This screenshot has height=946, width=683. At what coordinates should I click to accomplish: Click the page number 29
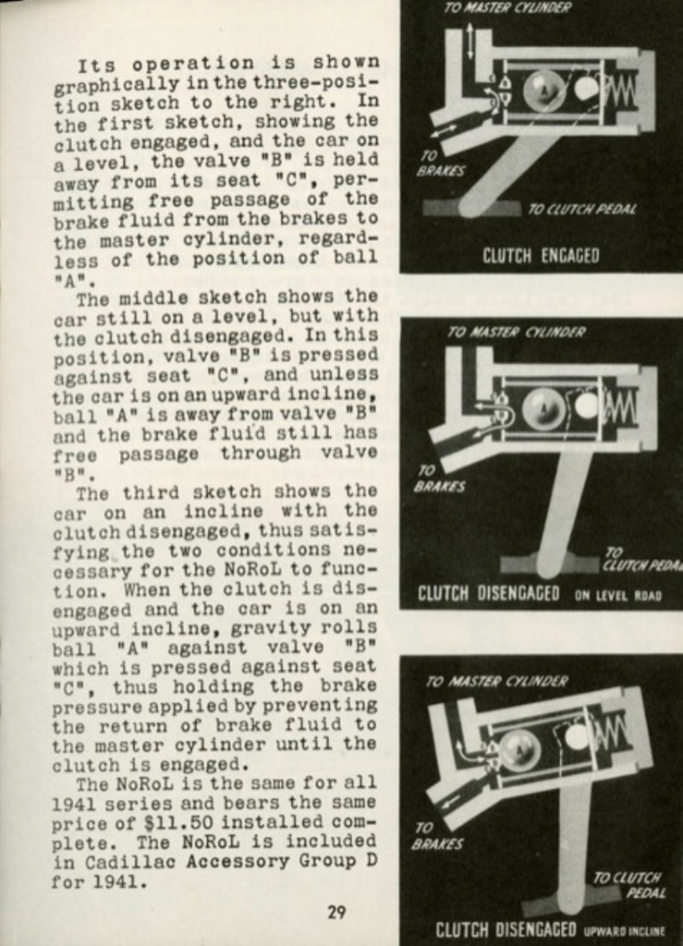(336, 912)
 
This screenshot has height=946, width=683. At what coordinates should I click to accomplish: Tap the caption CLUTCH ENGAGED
(541, 256)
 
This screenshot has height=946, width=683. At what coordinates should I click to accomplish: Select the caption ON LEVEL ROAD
(617, 596)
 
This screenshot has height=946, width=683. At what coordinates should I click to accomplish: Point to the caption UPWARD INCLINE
(624, 931)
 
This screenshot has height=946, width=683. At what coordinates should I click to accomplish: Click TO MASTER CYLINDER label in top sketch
(506, 8)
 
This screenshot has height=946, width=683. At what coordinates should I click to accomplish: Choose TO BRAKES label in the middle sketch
(439, 479)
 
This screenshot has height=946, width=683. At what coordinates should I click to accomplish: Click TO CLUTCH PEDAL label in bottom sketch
(628, 885)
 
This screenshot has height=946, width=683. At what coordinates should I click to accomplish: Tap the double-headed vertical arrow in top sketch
(471, 42)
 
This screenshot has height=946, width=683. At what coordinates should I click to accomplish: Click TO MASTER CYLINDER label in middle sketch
(516, 333)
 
